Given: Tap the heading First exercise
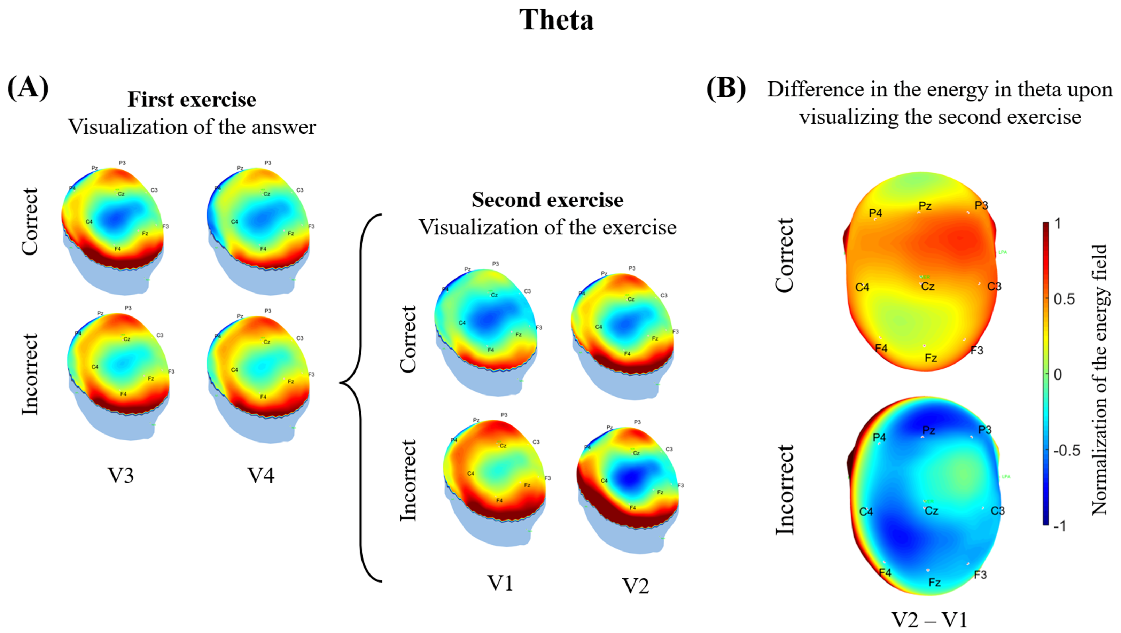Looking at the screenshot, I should pos(192,99).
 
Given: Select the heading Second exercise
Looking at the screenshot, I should pos(547,200).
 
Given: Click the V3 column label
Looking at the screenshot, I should pos(120,475).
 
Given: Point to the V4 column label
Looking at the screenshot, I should pos(261,475).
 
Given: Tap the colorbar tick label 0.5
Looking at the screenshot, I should pos(1064,299).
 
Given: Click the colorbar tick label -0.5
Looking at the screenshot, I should pos(1067,451).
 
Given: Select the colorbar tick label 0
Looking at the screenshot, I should pos(1058,375).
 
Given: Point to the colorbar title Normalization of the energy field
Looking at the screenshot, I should pos(1100,380).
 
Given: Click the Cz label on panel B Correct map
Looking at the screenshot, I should pos(928,286).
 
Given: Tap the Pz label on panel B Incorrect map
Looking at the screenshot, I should pos(929,430).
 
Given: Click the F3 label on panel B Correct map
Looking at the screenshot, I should pos(976,350).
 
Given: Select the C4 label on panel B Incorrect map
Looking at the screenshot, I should pos(866,511).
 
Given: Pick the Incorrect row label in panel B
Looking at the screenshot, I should pos(785,490).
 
